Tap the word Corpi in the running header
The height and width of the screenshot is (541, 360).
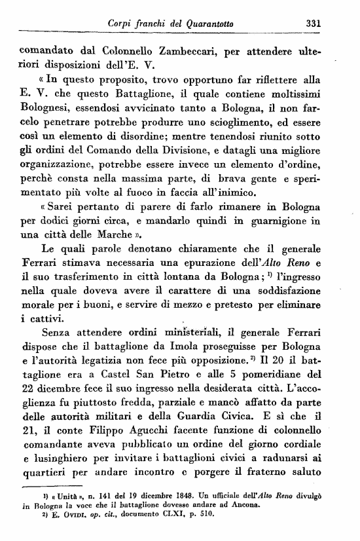click(122, 24)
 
